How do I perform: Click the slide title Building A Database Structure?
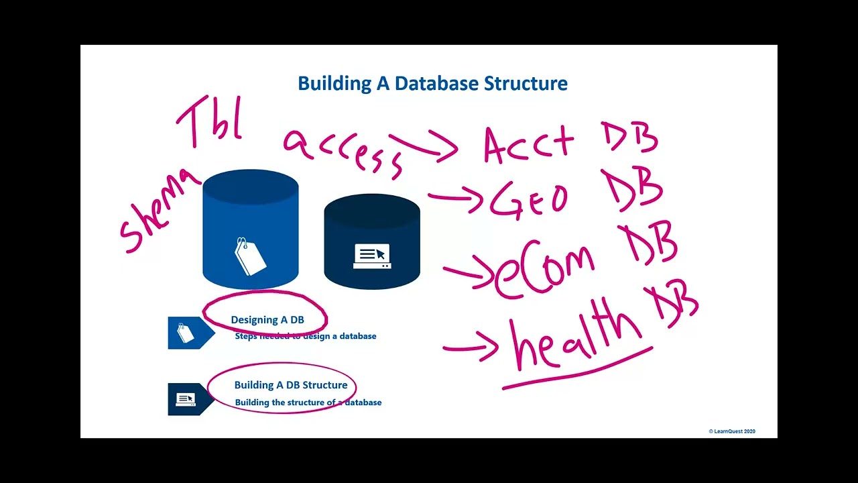[x=432, y=84]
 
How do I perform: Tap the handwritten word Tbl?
[x=209, y=122]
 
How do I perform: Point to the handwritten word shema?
[x=159, y=211]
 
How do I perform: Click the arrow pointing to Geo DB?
[x=456, y=199]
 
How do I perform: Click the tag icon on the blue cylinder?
[x=250, y=256]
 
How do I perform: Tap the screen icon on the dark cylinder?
[x=372, y=256]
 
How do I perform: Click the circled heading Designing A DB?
[x=267, y=320]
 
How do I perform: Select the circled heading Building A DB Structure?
[x=290, y=385]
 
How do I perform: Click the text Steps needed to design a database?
[x=305, y=336]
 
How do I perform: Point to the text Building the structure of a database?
[x=308, y=402]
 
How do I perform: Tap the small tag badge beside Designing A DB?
[x=186, y=333]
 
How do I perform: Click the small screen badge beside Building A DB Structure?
[x=186, y=399]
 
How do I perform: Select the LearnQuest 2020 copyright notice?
[x=731, y=431]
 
